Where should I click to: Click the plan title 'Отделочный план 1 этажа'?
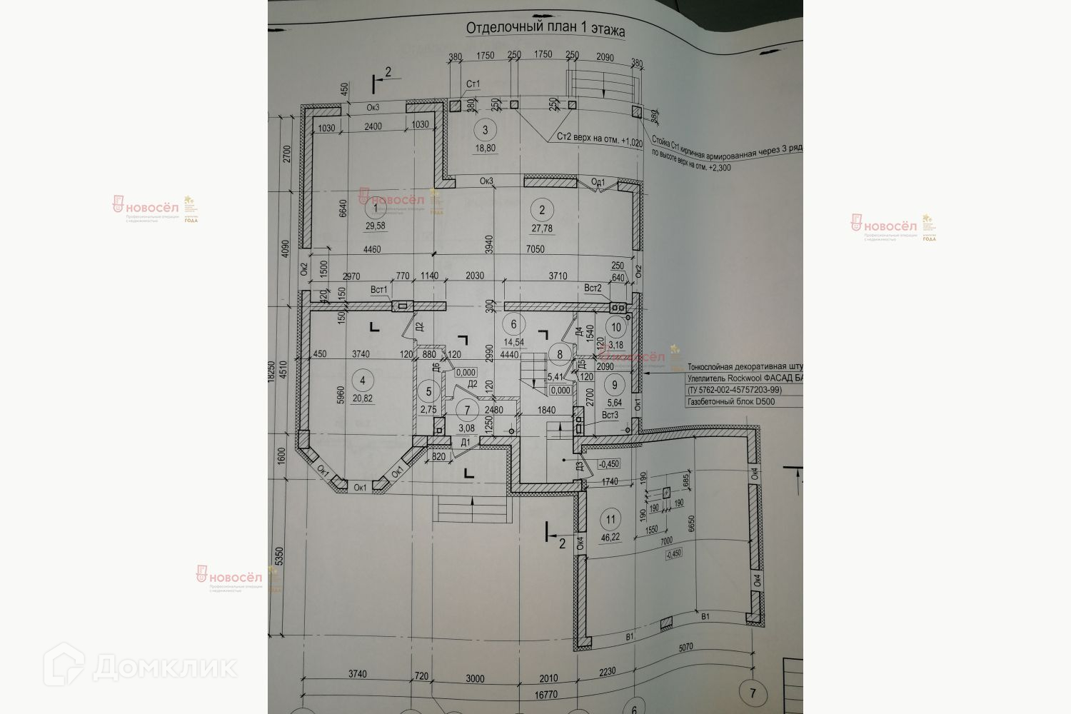pyautogui.click(x=545, y=29)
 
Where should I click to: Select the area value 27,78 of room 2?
pyautogui.click(x=542, y=228)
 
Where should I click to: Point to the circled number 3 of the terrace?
pyautogui.click(x=485, y=130)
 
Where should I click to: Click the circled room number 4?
pyautogui.click(x=365, y=380)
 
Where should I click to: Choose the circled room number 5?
pyautogui.click(x=428, y=391)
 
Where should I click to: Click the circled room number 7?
pyautogui.click(x=468, y=411)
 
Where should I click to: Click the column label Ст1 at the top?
pyautogui.click(x=473, y=84)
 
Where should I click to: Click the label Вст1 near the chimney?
pyautogui.click(x=378, y=289)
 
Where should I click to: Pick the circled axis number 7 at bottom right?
pyautogui.click(x=748, y=693)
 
